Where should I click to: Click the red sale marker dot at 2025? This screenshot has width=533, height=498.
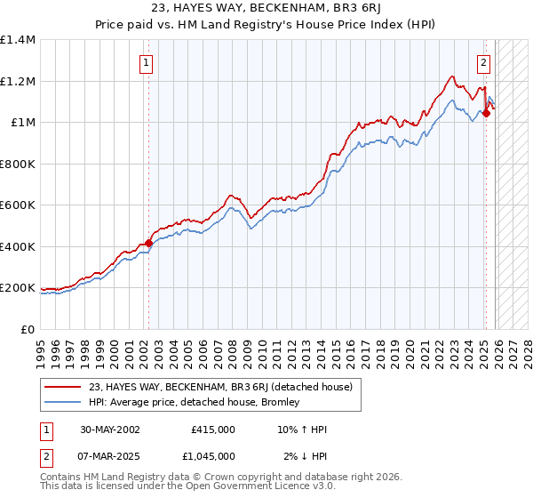coord(486,114)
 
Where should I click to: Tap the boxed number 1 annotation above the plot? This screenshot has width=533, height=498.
coord(145,62)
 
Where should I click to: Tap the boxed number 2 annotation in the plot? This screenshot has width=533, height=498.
coord(483,62)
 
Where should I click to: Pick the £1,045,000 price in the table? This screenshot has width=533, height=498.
coord(212,456)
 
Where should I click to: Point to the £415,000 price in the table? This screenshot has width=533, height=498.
coord(212,430)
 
